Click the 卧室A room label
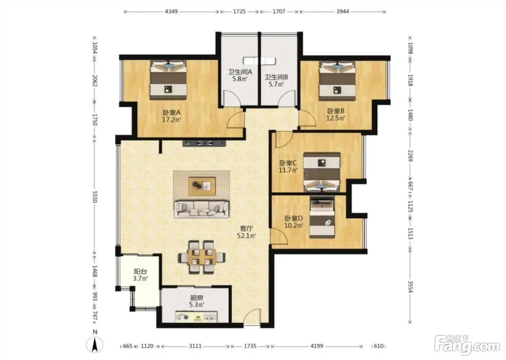point(171,112)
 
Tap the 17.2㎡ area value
point(171,120)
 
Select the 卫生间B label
point(276,77)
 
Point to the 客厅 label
point(246,228)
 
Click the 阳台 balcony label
point(140,271)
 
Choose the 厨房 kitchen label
point(197,298)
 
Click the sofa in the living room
point(202,209)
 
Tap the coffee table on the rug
point(202,186)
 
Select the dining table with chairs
point(202,257)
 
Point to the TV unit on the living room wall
point(205,143)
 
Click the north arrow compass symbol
point(95,345)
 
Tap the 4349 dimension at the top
point(171,11)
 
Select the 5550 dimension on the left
point(95,197)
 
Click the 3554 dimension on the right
point(410,287)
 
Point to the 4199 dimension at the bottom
point(317,346)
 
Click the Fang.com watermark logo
point(467,345)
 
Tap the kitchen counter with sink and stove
point(196,317)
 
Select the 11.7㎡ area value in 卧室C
point(288,170)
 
